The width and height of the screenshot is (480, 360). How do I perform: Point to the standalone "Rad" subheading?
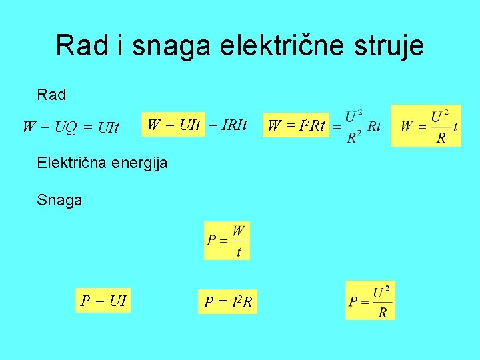(x=52, y=95)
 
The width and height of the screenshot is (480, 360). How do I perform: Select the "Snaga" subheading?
(x=60, y=200)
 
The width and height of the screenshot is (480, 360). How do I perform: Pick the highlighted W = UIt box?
(x=173, y=124)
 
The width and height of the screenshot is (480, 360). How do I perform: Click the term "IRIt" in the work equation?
(x=233, y=124)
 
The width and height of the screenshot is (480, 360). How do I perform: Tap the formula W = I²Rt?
(x=296, y=125)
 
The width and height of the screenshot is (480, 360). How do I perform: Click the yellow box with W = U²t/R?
(x=429, y=125)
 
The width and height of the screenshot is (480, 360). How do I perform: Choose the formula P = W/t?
(x=227, y=241)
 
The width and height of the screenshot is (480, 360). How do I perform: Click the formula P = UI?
(x=103, y=300)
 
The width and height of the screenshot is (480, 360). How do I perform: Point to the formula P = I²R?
(x=228, y=303)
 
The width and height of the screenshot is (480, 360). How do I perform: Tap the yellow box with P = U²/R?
(x=370, y=301)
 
